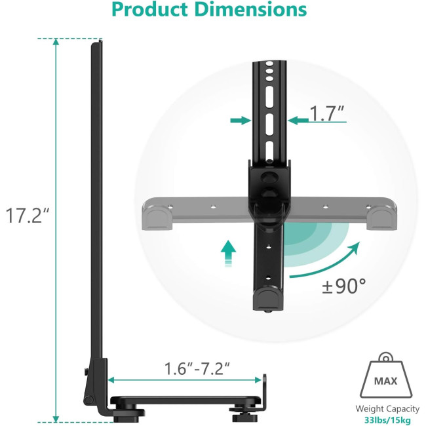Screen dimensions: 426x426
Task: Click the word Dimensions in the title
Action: pyautogui.click(x=251, y=10)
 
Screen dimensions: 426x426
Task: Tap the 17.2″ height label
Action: pyautogui.click(x=28, y=216)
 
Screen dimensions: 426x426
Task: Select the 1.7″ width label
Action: pyautogui.click(x=327, y=113)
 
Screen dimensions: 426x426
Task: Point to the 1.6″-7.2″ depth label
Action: pyautogui.click(x=197, y=369)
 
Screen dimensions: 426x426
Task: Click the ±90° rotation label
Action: pyautogui.click(x=344, y=286)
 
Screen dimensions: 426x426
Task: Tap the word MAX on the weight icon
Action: pyautogui.click(x=385, y=381)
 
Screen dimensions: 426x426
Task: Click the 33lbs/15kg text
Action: pyautogui.click(x=387, y=420)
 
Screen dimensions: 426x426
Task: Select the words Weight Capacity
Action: pyautogui.click(x=387, y=408)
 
